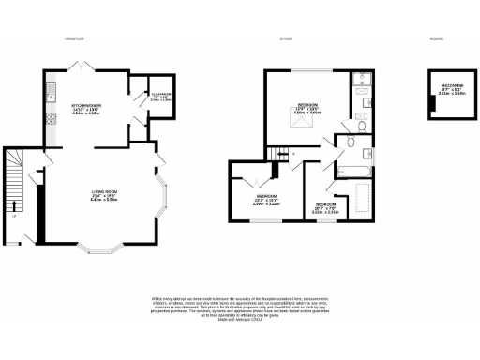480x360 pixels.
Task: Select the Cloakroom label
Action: point(140,96)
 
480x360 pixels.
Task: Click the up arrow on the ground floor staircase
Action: point(14,205)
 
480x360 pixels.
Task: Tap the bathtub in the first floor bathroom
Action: point(351,170)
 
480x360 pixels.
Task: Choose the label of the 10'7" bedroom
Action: point(325,207)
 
